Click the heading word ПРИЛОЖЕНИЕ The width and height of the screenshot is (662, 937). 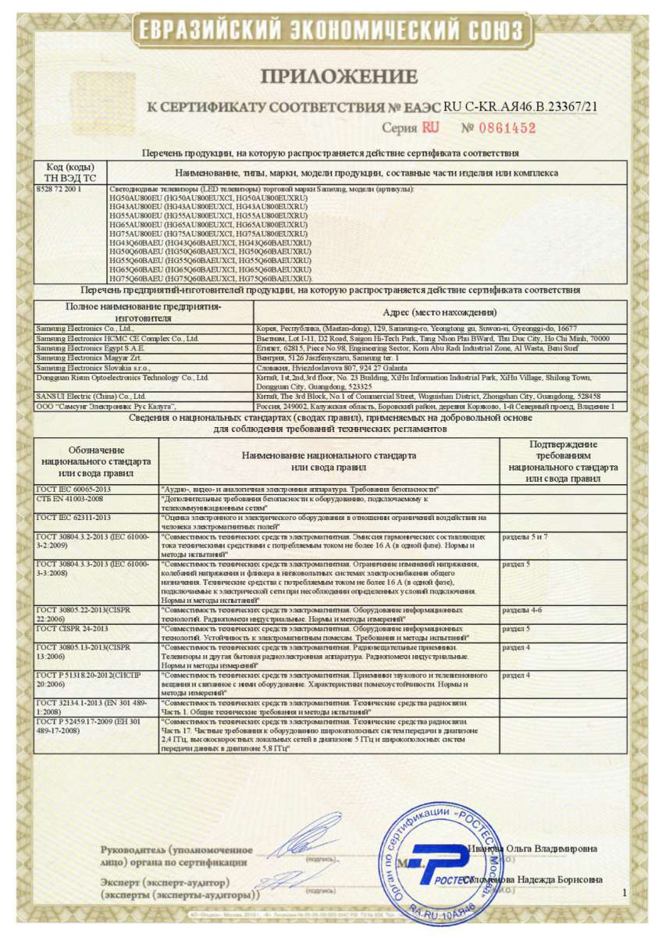[x=339, y=77]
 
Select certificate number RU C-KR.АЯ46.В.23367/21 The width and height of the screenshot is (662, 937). [x=521, y=107]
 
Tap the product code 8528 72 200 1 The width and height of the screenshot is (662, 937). [x=59, y=189]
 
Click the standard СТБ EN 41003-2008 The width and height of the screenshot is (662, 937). [x=69, y=498]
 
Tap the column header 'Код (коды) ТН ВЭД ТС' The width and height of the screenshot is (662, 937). [x=71, y=173]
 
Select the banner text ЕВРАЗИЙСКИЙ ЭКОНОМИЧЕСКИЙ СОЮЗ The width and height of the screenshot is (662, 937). [x=331, y=30]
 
